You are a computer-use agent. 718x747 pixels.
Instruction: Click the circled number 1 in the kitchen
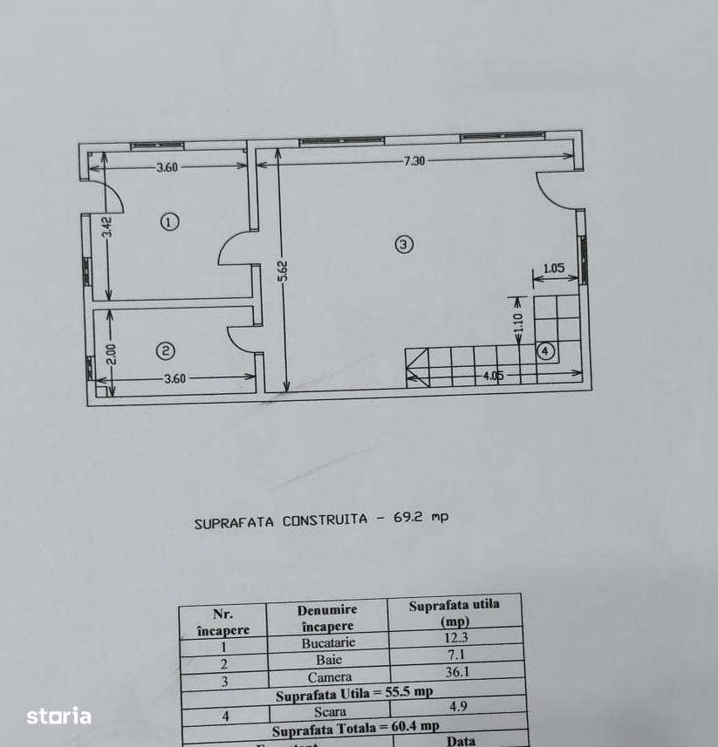170,221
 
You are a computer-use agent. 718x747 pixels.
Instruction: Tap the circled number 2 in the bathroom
165,351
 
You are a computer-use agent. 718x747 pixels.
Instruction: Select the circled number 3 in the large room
403,244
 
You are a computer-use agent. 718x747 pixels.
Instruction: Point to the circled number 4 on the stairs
545,351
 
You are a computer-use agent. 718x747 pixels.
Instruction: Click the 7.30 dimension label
414,160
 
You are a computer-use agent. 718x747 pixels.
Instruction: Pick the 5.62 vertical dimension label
283,271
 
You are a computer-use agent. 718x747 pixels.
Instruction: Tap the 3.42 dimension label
106,227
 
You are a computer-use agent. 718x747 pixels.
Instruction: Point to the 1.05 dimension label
554,268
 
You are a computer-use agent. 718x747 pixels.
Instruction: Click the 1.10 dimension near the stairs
517,324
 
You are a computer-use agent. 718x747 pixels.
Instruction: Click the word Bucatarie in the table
329,643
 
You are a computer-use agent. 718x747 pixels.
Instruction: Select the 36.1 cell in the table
455,676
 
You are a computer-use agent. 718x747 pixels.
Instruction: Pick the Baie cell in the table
329,660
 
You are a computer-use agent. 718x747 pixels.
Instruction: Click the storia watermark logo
58,716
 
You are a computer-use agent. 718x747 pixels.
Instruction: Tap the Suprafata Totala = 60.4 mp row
355,727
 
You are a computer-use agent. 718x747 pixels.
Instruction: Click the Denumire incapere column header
328,618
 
